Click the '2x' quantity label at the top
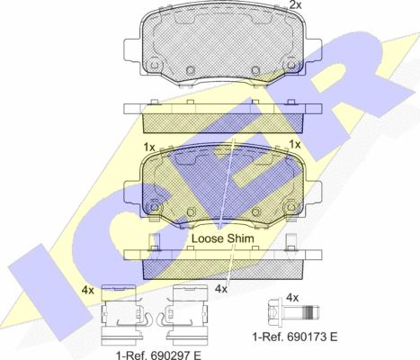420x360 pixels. coord(295,4)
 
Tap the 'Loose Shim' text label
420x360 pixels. coord(223,238)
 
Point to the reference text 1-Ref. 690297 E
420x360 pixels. coord(158,355)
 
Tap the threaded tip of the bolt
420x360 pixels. coord(312,312)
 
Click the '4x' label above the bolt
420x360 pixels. coord(292,298)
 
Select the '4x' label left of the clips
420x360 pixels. coord(87,291)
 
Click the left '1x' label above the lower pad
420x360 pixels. coord(149,148)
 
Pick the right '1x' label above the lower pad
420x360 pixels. coord(295,145)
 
